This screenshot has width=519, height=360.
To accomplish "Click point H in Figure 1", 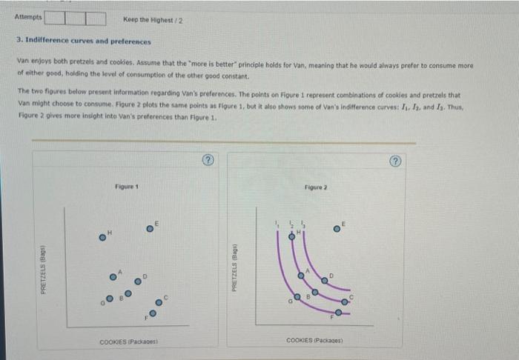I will (x=104, y=239).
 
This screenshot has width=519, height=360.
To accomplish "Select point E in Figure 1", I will (x=151, y=228).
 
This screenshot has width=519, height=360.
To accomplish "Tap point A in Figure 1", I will (x=114, y=276).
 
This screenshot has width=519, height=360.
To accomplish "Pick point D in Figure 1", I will (x=138, y=281).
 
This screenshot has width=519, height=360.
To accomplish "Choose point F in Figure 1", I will (x=153, y=314).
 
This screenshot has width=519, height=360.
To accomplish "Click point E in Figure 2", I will (x=337, y=228).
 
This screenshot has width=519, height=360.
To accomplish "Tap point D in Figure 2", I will (x=325, y=279).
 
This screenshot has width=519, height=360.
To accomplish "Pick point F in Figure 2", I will (x=338, y=313).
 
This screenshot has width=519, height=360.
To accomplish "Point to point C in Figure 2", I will (x=344, y=301).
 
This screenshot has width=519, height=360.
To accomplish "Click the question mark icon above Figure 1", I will (x=209, y=159).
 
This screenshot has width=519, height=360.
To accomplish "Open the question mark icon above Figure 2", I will (x=399, y=159).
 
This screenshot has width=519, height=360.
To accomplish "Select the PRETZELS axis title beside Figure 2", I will (x=234, y=266).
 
